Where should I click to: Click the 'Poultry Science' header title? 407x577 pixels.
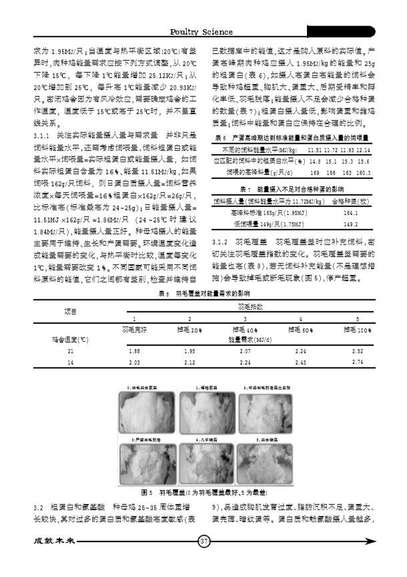pos(201,31)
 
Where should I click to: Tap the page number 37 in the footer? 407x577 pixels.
pos(204,541)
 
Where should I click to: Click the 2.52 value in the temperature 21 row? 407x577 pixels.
pos(358,351)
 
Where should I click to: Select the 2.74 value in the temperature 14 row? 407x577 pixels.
pos(358,362)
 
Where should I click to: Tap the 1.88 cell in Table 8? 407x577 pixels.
pos(133,351)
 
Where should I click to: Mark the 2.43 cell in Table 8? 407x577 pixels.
pos(300,362)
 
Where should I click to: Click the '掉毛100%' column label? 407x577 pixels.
pos(357,330)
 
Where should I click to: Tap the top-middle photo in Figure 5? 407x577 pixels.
pos(203,413)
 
